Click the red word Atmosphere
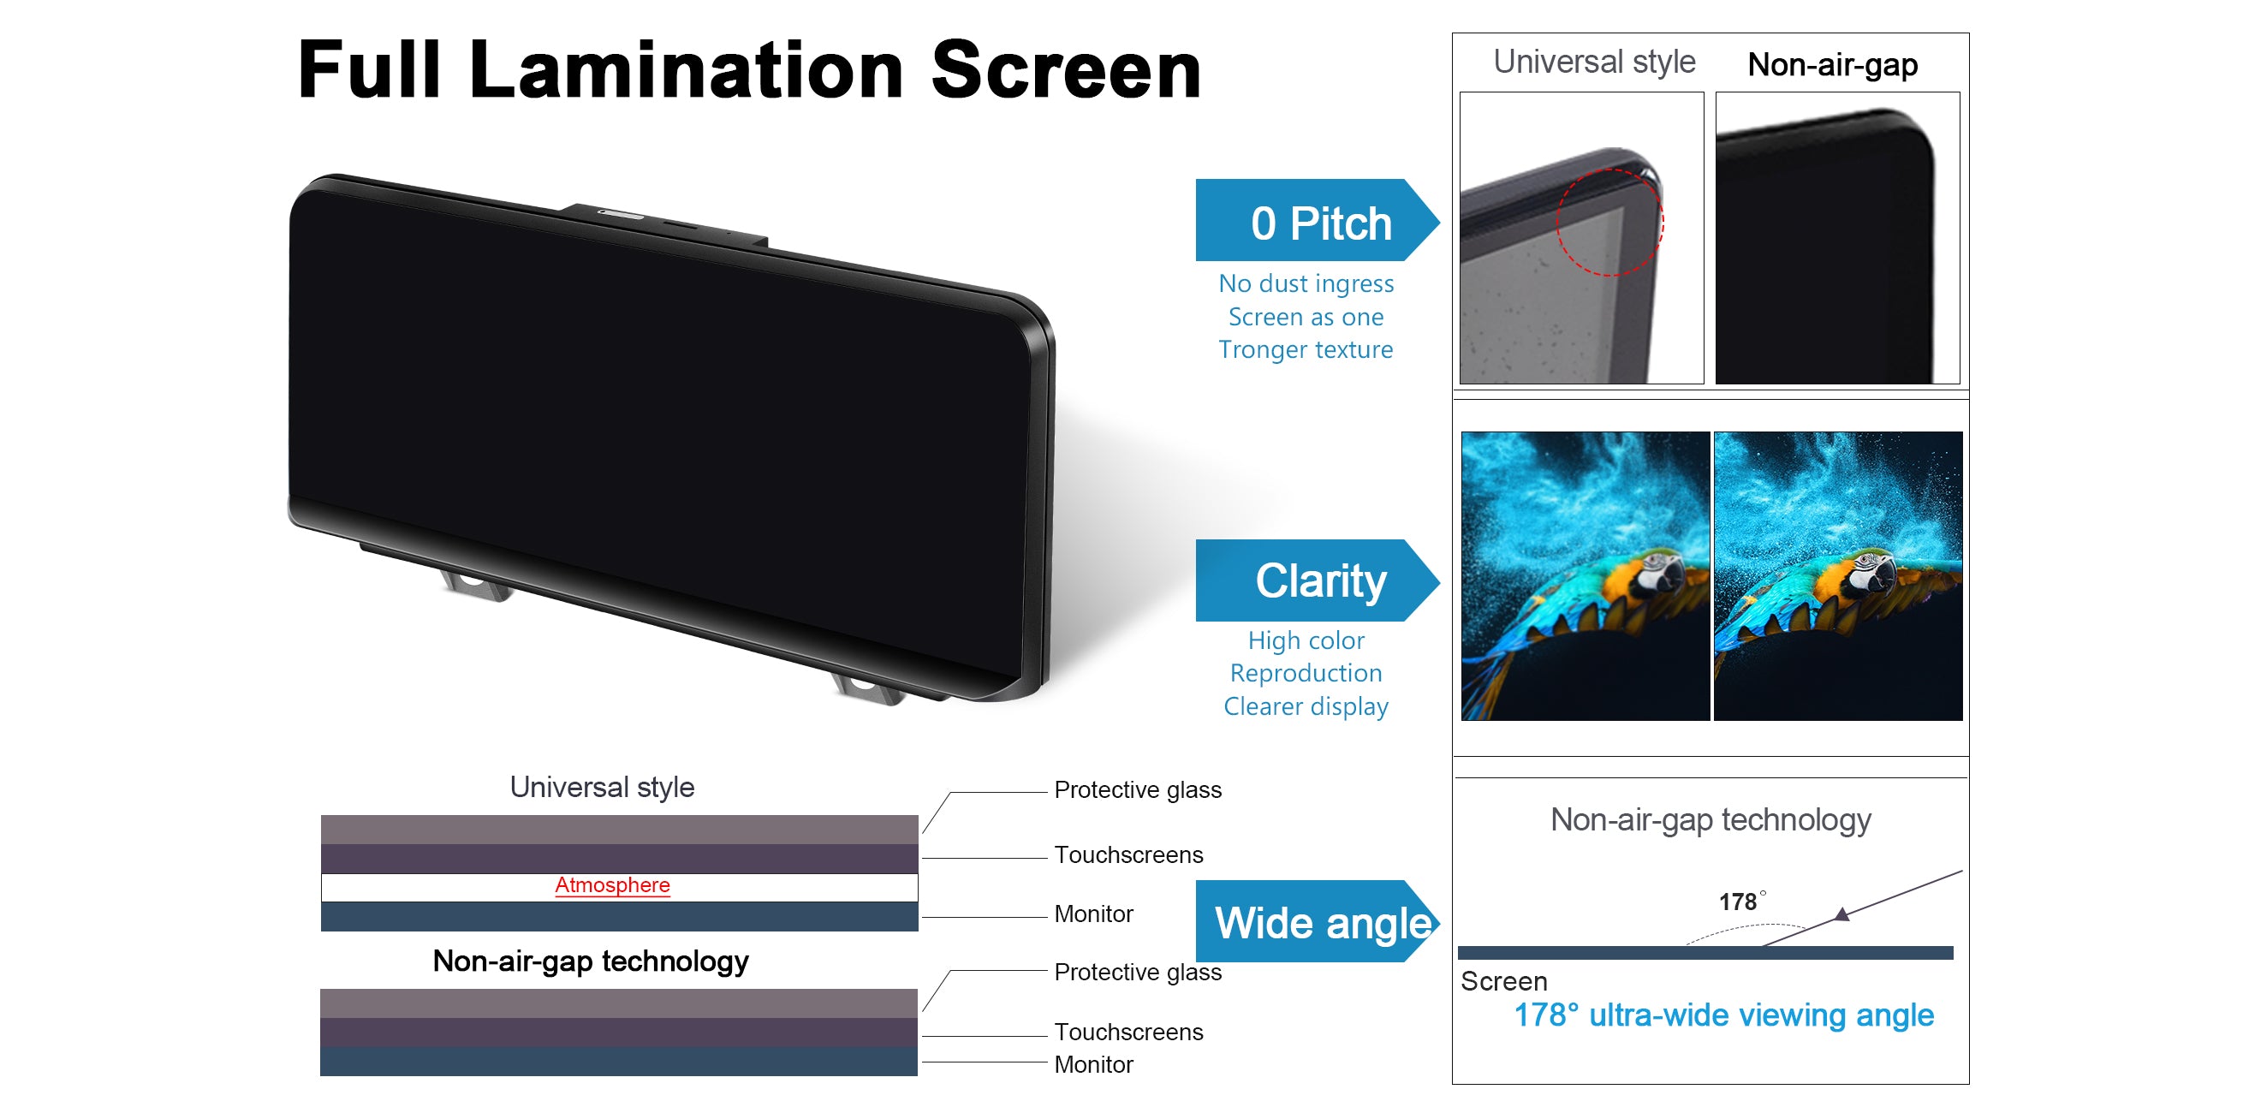click(612, 884)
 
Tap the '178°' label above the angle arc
click(1742, 902)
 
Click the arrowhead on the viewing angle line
click(1841, 914)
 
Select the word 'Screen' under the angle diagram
click(1503, 981)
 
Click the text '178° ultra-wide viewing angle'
click(1723, 1015)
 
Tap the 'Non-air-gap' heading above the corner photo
click(1832, 65)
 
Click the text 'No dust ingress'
click(1306, 284)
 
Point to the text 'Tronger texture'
click(1306, 349)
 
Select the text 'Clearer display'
click(1306, 706)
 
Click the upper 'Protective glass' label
click(1137, 790)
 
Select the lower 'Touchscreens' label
click(1128, 1032)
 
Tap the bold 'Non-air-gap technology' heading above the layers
click(591, 961)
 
